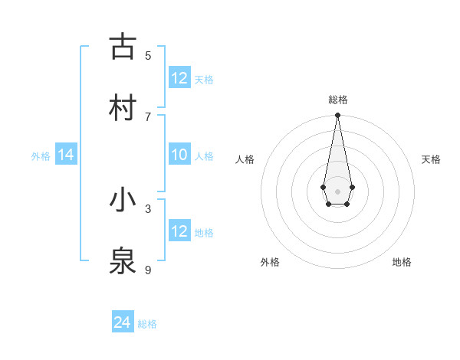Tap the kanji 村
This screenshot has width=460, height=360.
click(123, 107)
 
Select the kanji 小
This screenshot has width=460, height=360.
click(123, 200)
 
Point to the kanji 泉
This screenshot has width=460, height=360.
click(123, 261)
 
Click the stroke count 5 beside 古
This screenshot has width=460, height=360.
click(148, 55)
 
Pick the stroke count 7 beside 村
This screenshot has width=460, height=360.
click(148, 116)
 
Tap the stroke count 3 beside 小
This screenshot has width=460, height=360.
click(148, 208)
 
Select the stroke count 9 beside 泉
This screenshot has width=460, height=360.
click(148, 270)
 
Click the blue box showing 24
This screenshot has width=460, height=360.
click(123, 322)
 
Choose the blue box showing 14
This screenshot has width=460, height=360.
click(66, 155)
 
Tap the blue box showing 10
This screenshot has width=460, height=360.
click(179, 155)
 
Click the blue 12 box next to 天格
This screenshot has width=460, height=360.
click(179, 78)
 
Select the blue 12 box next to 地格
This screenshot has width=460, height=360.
click(179, 231)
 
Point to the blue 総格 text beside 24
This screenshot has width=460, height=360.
click(147, 324)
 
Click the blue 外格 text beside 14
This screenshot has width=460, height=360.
click(41, 156)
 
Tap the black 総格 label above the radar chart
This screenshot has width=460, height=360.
click(337, 100)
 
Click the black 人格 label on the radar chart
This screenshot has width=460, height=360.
click(245, 159)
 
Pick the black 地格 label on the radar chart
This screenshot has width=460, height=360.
click(402, 262)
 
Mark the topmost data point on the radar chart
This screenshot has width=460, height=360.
click(337, 116)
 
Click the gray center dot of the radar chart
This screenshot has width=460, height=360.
click(337, 191)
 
